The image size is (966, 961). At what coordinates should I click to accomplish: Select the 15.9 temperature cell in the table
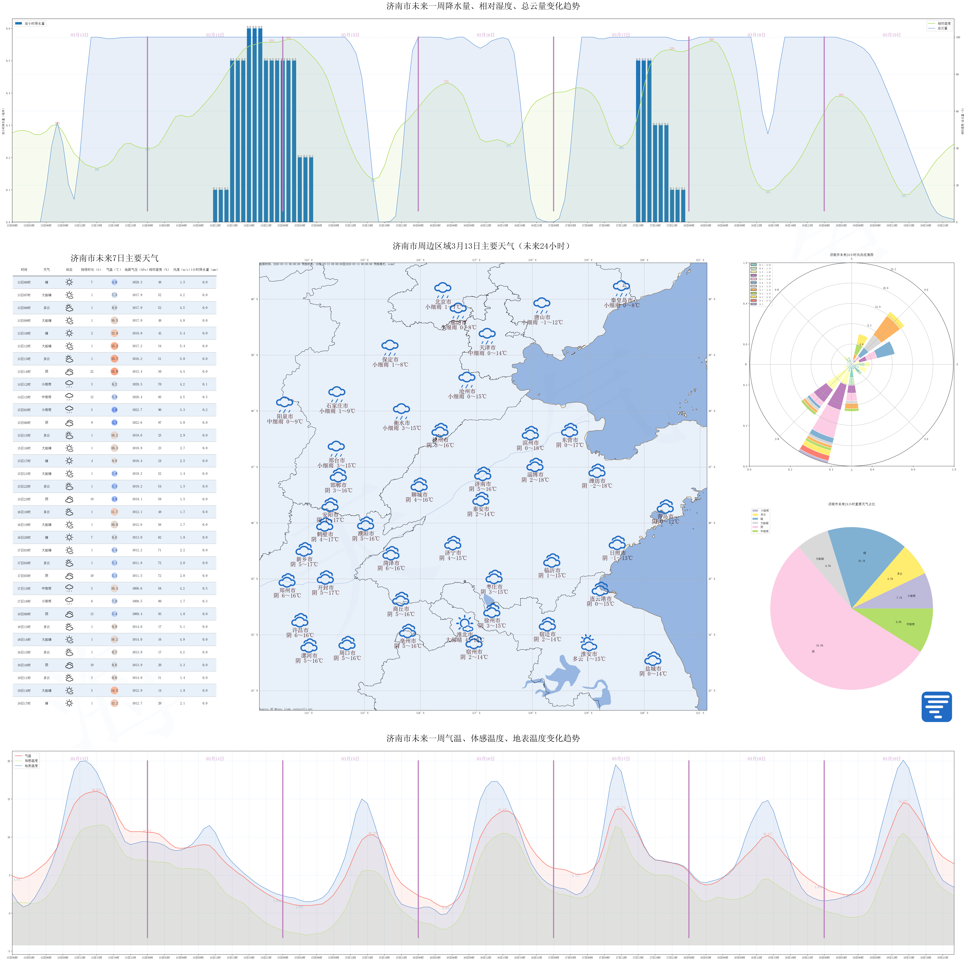pos(114,371)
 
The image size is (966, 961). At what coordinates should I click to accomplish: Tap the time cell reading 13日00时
pos(24,283)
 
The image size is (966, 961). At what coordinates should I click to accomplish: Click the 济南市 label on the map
pos(482,484)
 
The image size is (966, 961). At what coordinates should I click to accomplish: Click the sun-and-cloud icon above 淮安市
pos(588,642)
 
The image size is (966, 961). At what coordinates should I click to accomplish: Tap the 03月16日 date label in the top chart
pos(485,35)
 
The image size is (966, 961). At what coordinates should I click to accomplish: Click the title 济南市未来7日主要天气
pos(114,258)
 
